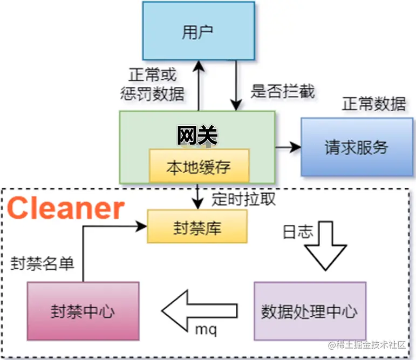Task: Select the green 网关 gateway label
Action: point(197,136)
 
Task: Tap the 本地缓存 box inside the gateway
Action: point(199,166)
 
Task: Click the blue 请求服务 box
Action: point(356,147)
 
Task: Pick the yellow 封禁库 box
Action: point(197,227)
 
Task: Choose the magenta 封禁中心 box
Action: point(83,311)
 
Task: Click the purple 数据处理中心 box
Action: point(309,311)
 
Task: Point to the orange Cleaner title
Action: point(66,208)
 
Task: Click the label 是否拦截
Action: point(282,91)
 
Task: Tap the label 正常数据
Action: point(373,104)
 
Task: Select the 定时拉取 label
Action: point(243,199)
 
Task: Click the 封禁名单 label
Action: point(43,264)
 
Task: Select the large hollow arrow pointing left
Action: point(199,311)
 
